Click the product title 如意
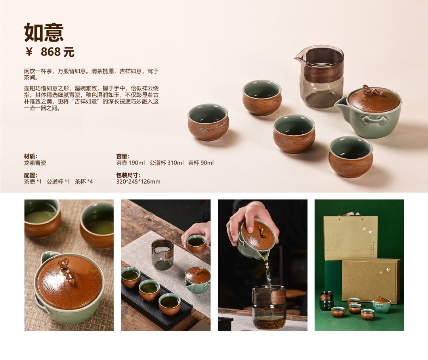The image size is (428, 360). tap(44, 32)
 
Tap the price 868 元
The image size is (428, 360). tap(57, 52)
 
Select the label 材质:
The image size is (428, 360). tap(31, 156)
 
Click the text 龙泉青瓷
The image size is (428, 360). tap(35, 163)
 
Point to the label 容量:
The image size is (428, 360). tap(123, 156)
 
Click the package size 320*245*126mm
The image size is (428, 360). tap(138, 182)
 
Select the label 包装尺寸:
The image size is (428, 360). tap(128, 175)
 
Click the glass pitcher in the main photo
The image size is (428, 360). tap(319, 76)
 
